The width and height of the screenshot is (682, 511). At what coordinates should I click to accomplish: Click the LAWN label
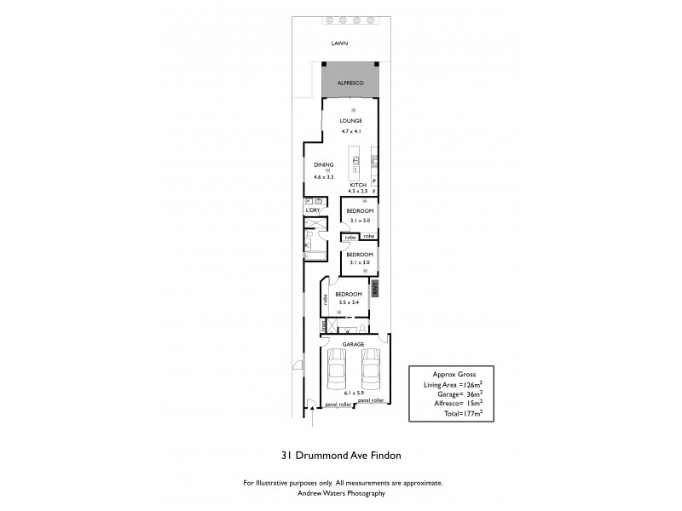(x=341, y=44)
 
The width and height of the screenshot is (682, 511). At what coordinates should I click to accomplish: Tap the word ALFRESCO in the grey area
(x=351, y=83)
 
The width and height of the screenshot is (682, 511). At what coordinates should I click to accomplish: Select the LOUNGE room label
(x=351, y=121)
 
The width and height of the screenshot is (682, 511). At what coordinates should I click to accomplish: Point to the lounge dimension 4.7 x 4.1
(x=351, y=131)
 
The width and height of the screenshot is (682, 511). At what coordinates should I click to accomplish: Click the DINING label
(x=323, y=164)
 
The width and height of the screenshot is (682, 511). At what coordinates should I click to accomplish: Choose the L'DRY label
(x=313, y=210)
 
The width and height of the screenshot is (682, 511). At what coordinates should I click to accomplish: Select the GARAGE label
(x=353, y=344)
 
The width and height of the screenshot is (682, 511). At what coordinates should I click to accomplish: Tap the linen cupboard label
(x=323, y=325)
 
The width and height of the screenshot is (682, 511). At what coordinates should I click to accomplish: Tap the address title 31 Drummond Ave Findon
(x=342, y=455)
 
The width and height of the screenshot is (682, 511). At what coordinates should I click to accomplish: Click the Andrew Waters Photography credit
(x=342, y=493)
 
